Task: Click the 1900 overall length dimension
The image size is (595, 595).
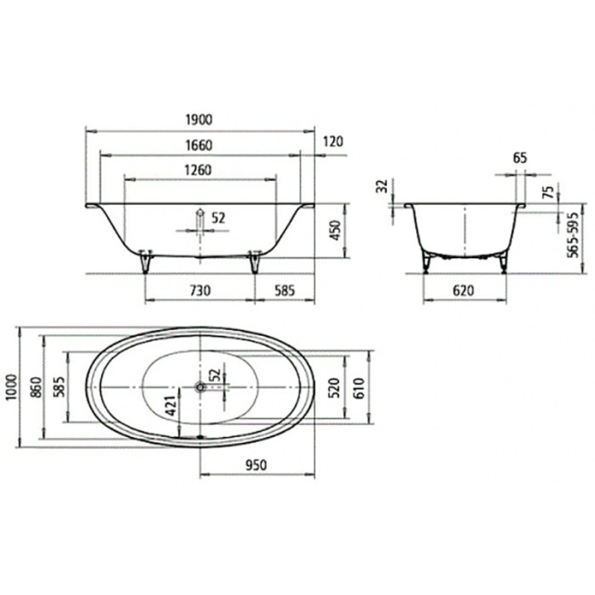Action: (x=199, y=120)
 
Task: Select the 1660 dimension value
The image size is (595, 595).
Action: (x=199, y=145)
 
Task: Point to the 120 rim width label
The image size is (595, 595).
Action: (x=332, y=141)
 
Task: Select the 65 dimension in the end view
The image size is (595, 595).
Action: (x=520, y=158)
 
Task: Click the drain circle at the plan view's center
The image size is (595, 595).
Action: (x=200, y=387)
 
